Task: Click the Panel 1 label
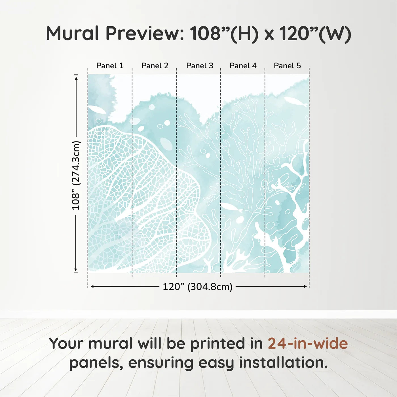click(x=110, y=66)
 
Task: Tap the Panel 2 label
click(x=155, y=66)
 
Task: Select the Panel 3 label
click(x=200, y=66)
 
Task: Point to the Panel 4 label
click(x=243, y=66)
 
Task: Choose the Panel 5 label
click(x=287, y=66)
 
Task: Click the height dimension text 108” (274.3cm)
click(x=76, y=175)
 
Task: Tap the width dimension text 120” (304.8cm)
click(x=197, y=287)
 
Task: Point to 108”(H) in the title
click(x=224, y=33)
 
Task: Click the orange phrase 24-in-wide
click(x=308, y=343)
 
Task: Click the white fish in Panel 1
click(x=97, y=109)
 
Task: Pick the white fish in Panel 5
click(x=295, y=101)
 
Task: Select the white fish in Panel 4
click(x=231, y=207)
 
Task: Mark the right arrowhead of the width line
click(x=305, y=287)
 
